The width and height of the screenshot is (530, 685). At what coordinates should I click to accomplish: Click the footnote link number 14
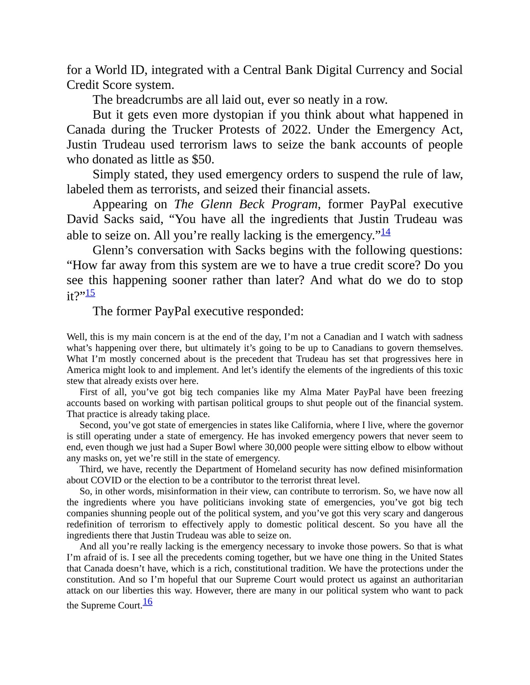click(385, 232)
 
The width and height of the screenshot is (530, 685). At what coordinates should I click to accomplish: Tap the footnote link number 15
click(90, 293)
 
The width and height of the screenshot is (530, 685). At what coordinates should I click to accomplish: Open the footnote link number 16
click(147, 602)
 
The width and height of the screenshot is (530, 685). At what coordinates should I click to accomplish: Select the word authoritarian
click(438, 580)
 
